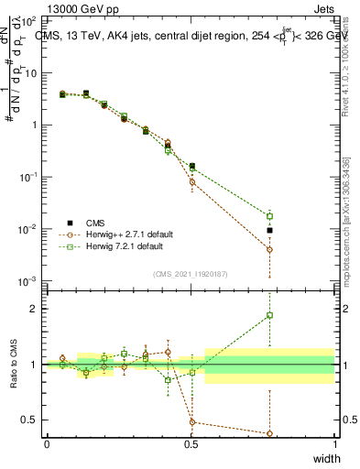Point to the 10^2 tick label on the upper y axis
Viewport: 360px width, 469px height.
point(30,20)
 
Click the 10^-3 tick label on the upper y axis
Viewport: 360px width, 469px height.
point(30,280)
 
